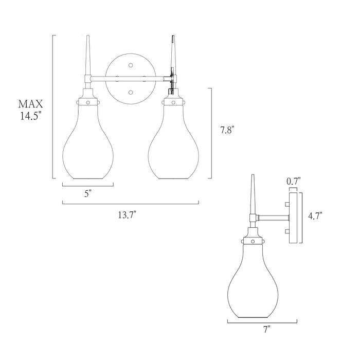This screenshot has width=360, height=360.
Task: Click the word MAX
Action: [x=30, y=104]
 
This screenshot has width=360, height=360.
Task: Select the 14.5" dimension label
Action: [x=31, y=116]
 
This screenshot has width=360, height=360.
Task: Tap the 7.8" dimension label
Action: [x=227, y=130]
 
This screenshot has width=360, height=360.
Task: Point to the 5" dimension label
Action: [x=88, y=194]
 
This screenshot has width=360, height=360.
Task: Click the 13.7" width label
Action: [x=127, y=215]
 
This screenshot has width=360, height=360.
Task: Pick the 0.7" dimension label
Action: [x=294, y=181]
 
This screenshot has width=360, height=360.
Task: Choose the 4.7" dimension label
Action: [x=315, y=216]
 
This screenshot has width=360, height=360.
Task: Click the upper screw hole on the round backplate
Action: [x=131, y=65]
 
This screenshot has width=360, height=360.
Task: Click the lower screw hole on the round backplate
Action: [x=131, y=92]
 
